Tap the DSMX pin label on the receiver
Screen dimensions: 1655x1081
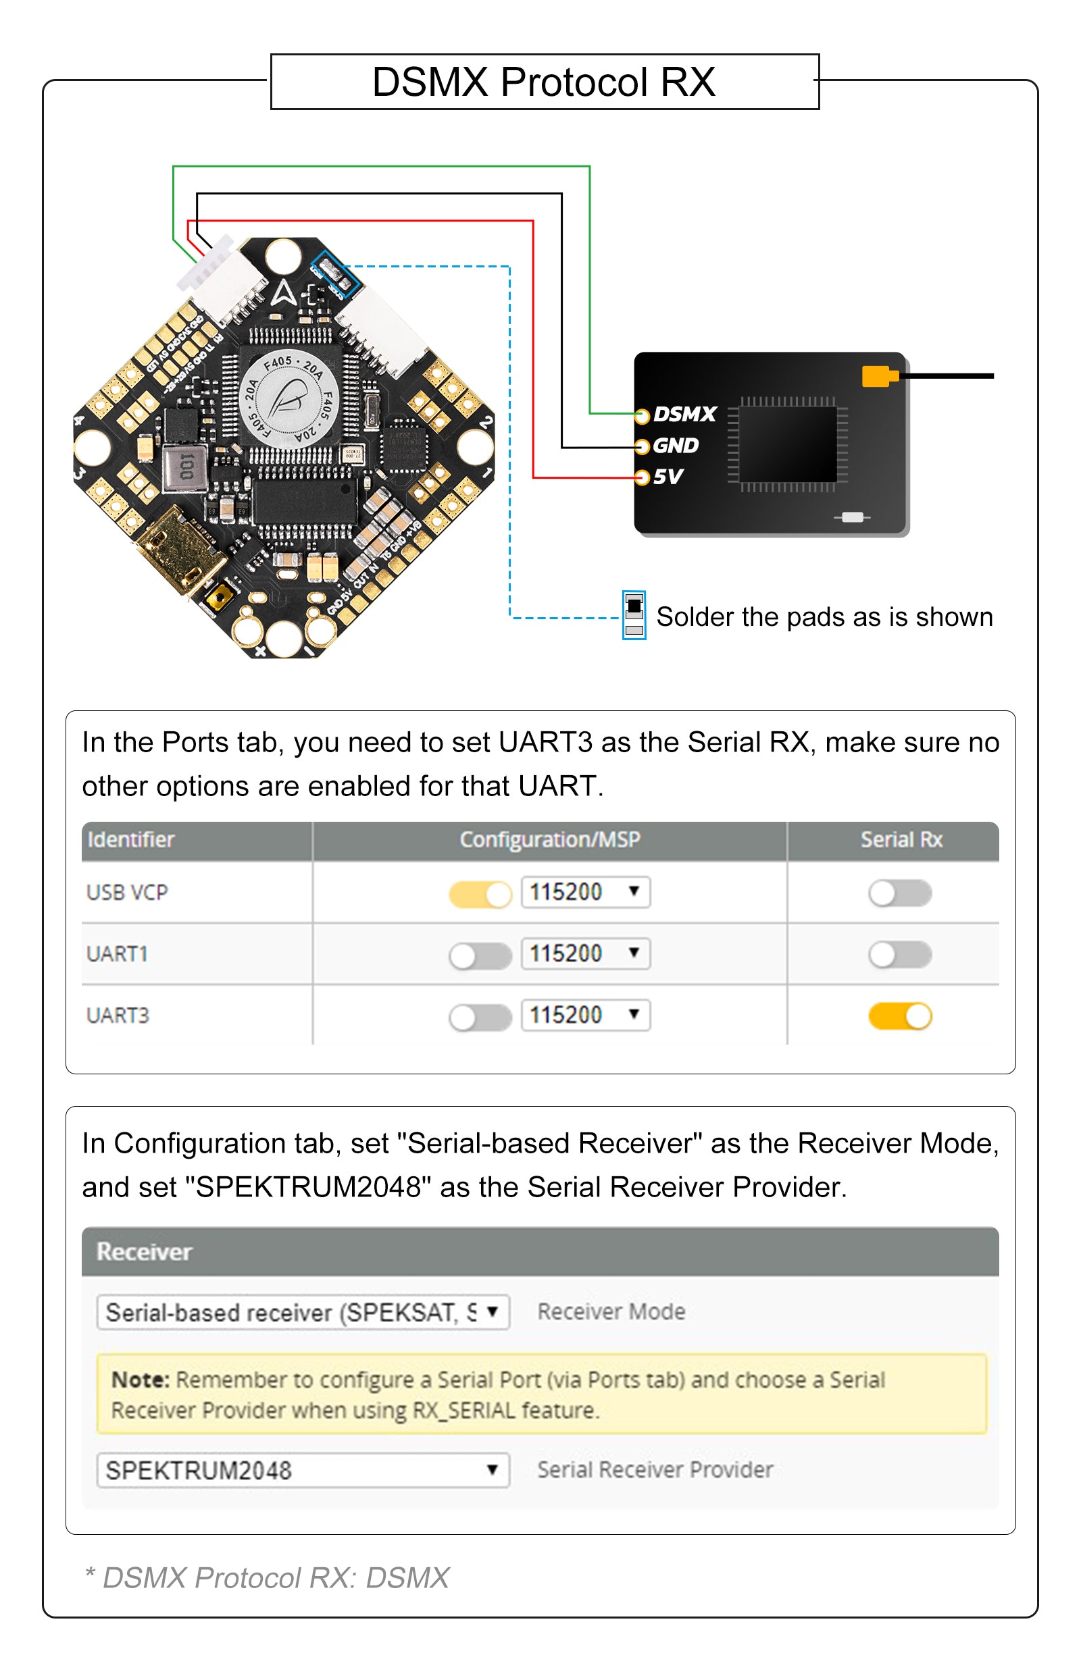point(684,415)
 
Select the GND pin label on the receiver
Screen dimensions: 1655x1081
point(676,446)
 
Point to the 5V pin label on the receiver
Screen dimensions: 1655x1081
point(668,477)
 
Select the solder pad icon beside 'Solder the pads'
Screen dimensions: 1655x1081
point(634,615)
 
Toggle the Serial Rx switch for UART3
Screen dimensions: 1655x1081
point(899,1016)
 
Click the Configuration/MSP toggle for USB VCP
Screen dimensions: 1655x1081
point(480,894)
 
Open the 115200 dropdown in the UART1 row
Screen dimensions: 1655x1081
point(585,954)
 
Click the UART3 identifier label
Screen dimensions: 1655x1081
point(118,1016)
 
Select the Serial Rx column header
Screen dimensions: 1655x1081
point(901,840)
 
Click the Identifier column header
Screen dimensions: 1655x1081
point(131,840)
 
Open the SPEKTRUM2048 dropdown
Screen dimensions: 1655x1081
point(303,1470)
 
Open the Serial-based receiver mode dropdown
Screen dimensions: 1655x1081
point(303,1312)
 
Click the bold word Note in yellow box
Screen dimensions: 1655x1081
point(140,1380)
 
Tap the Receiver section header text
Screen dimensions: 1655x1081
point(144,1252)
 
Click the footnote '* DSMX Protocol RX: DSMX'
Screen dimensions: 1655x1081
point(267,1578)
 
